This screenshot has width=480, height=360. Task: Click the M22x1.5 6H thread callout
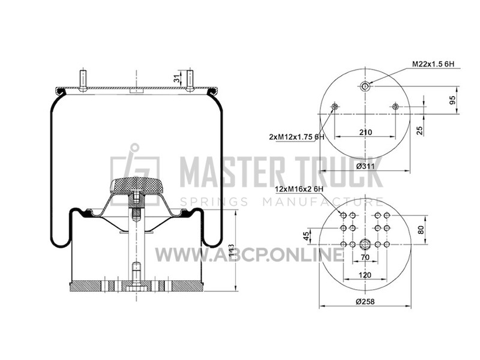click(x=433, y=64)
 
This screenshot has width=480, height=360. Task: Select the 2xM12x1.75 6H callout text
click(x=296, y=137)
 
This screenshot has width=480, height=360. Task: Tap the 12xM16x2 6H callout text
click(x=299, y=189)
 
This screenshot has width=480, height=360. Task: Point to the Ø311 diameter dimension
click(x=365, y=166)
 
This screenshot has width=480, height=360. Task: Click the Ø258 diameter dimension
click(x=365, y=301)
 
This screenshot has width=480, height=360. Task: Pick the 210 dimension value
click(x=365, y=132)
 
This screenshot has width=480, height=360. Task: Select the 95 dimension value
click(x=452, y=100)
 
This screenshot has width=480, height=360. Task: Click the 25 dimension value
click(x=420, y=130)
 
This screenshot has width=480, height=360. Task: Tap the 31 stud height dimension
click(x=176, y=79)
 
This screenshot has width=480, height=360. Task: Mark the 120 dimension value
click(x=365, y=275)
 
